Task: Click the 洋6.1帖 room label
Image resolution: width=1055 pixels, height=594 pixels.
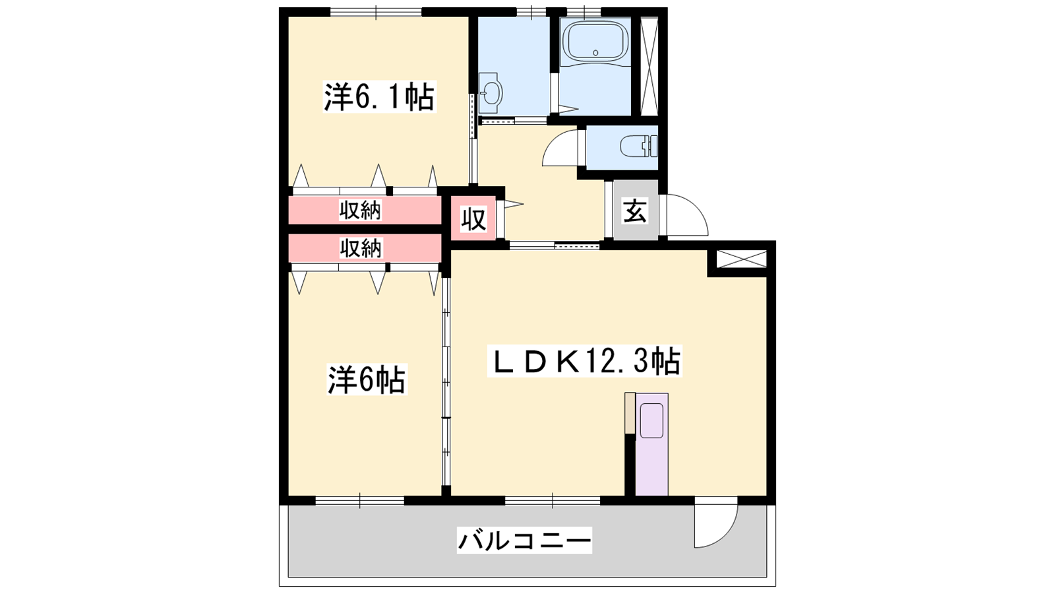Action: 380,96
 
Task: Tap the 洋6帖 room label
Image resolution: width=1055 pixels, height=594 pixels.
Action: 367,379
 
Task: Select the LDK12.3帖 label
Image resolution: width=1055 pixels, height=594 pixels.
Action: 584,361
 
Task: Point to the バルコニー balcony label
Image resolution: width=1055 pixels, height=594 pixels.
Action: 524,540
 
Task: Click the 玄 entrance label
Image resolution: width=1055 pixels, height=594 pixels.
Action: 635,211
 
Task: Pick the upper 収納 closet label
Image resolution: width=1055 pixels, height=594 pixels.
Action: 360,210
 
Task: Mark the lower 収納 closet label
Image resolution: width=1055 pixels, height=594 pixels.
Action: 360,248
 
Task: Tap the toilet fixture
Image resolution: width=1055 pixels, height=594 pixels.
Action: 638,146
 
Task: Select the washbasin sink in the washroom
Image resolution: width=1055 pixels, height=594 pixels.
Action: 491,93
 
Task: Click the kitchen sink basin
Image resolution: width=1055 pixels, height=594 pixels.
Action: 652,420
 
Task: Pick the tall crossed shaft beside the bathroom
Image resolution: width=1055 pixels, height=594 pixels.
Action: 649,66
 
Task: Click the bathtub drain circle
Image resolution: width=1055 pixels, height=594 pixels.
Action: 595,53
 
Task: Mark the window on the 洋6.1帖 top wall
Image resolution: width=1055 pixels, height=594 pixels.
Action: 376,12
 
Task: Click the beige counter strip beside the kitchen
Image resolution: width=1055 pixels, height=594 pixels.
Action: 629,412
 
